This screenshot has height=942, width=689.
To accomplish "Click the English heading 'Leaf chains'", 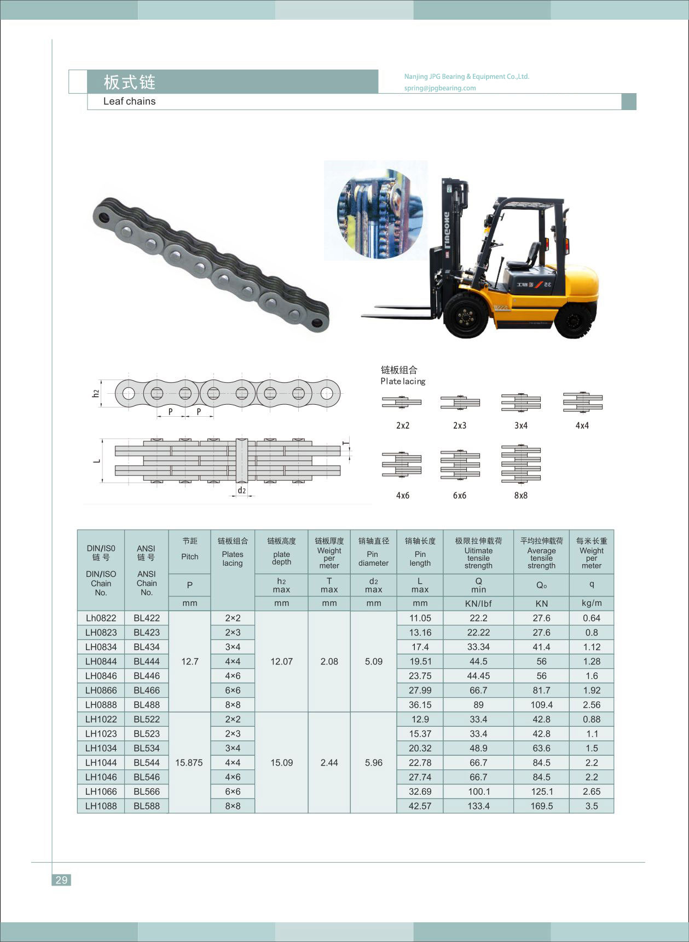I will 129,101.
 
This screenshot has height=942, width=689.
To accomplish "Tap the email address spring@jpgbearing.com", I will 440,88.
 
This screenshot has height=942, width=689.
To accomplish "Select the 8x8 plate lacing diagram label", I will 520,496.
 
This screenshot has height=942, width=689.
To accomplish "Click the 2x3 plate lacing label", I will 460,426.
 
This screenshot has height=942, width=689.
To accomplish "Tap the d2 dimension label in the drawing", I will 241,490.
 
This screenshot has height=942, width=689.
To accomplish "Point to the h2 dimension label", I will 96,393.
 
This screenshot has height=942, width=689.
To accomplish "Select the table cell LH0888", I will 101,705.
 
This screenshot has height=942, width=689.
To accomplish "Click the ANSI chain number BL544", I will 147,763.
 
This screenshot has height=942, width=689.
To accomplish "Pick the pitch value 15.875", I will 189,763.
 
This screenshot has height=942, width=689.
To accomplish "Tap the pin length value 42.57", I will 420,806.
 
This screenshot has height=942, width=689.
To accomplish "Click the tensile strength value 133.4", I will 478,806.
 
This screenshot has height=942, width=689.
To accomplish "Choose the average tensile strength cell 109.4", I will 541,705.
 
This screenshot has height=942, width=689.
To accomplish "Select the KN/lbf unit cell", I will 478,604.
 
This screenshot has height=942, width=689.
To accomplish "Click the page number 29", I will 61,880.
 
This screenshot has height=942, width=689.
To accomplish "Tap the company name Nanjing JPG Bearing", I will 466,77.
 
